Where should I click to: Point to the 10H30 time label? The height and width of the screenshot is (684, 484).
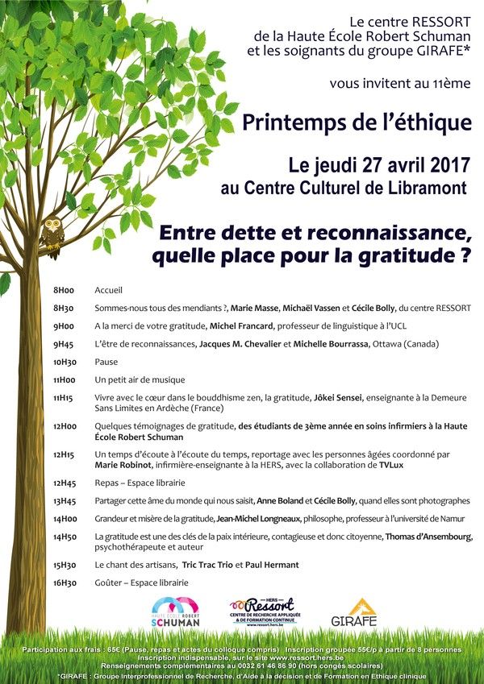coord(64,362)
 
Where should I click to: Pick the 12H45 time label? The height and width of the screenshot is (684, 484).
coord(64,483)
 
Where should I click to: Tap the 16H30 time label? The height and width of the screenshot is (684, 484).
coord(64,582)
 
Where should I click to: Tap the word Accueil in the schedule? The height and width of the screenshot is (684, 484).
coord(108,291)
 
